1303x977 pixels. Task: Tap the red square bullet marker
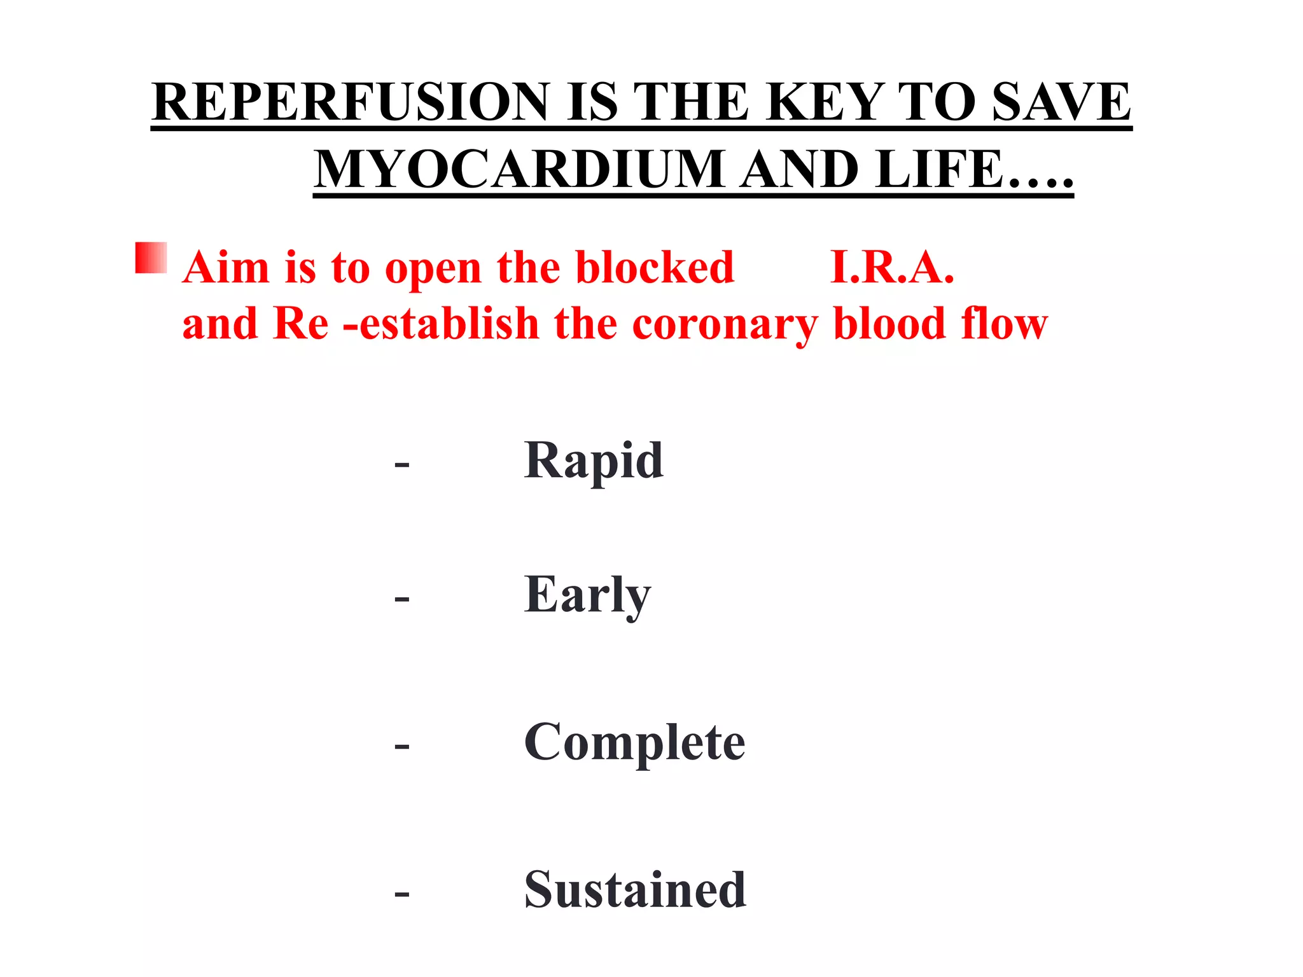(x=151, y=258)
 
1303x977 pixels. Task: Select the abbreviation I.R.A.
(x=892, y=267)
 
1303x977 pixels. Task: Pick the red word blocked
(x=655, y=267)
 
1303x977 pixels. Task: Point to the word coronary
(x=725, y=324)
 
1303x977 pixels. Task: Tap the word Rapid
(x=594, y=461)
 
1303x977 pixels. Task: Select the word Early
(x=587, y=595)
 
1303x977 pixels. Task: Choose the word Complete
(x=634, y=742)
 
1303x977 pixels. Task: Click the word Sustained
(x=635, y=890)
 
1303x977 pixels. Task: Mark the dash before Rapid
(x=401, y=465)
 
